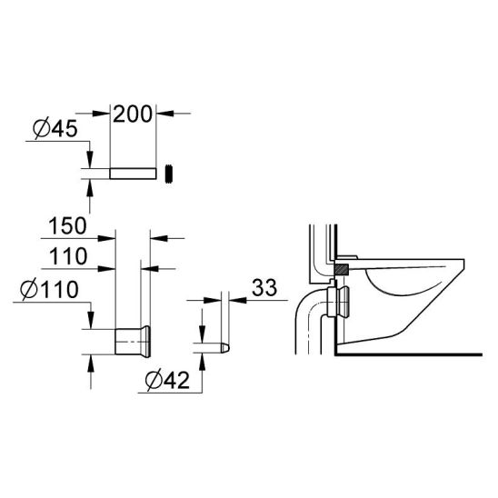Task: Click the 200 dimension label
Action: (x=133, y=115)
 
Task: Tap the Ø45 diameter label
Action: (x=55, y=129)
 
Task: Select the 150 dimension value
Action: (x=67, y=225)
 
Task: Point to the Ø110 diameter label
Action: (x=49, y=289)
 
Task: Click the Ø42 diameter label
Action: (x=167, y=380)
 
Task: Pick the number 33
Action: (x=264, y=287)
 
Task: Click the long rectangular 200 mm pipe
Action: (x=133, y=174)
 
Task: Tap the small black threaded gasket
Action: (x=169, y=174)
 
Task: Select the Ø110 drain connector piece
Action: (x=133, y=342)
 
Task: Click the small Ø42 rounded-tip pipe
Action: (x=212, y=347)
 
